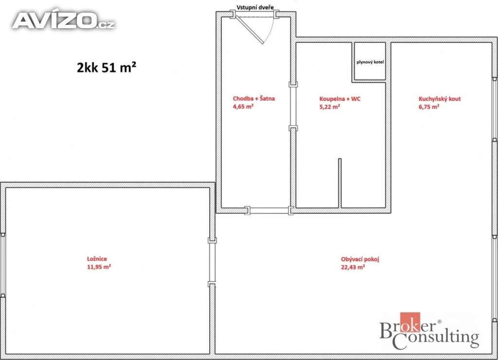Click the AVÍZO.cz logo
(x=63, y=21)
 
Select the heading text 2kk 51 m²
(x=107, y=67)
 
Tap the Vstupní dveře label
(x=255, y=7)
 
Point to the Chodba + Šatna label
(x=254, y=98)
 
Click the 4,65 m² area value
(x=243, y=107)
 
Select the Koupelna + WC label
(x=340, y=99)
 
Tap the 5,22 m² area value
(x=330, y=107)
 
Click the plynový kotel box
(x=370, y=61)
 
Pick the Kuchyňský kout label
(x=440, y=99)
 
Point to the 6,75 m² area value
(x=429, y=107)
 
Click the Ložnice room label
(x=97, y=259)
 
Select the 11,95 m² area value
(x=99, y=267)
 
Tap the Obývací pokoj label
(x=360, y=259)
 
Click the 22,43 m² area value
(x=353, y=267)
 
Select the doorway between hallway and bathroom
(x=293, y=107)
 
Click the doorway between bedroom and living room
(x=212, y=262)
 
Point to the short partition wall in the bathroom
(x=339, y=183)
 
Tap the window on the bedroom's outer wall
(x=3, y=265)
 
